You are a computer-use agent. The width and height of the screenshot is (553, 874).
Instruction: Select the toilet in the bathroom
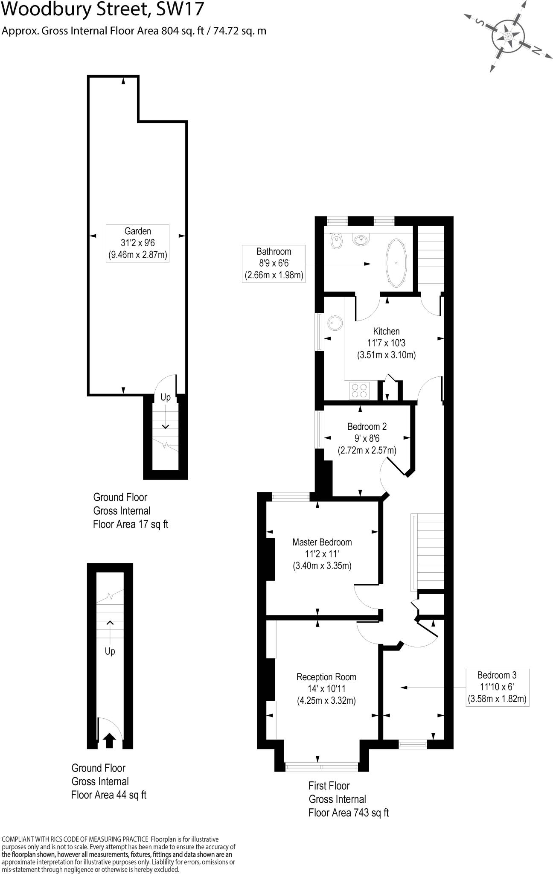(336, 241)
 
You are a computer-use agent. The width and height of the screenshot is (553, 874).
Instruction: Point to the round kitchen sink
(335, 323)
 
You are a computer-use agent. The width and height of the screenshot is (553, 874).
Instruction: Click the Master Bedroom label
(322, 554)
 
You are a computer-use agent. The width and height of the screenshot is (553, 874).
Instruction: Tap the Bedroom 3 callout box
(497, 687)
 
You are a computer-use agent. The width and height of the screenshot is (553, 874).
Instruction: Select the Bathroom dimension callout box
(274, 263)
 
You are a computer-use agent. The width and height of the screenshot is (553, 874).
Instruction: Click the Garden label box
(137, 243)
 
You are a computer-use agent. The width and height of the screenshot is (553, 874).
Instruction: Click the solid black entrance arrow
(109, 740)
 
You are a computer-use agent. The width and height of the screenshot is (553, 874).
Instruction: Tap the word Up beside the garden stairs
(166, 397)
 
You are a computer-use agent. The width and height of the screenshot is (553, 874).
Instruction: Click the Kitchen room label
(386, 331)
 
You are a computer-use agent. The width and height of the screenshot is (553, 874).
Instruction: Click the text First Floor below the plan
(329, 786)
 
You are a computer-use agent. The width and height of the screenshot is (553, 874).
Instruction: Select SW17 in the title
(180, 9)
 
